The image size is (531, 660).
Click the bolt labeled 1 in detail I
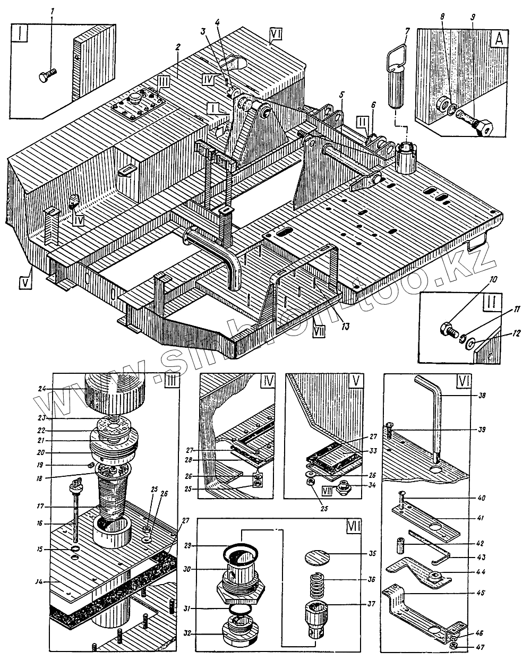point(47,75)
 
